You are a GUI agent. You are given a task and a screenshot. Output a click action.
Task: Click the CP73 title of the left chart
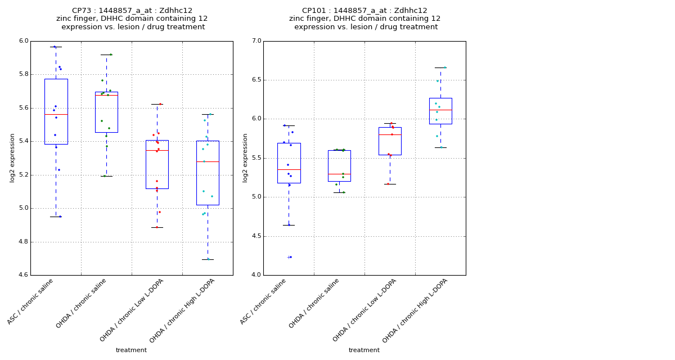pos(132,11)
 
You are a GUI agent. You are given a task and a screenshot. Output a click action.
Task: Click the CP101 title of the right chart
pos(364,11)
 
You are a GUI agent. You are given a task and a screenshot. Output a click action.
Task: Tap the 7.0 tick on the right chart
pos(256,41)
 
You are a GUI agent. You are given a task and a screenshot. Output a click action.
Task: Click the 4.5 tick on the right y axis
pos(256,236)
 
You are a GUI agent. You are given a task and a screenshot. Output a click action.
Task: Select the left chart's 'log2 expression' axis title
pos(12,157)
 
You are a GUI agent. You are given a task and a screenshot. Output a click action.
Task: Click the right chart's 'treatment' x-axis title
pos(364,350)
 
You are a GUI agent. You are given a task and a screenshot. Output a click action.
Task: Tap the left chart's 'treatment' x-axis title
pos(131,350)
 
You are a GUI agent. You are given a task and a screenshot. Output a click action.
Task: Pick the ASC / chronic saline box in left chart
pos(56,111)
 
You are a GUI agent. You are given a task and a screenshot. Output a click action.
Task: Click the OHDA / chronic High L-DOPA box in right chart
pos(440,111)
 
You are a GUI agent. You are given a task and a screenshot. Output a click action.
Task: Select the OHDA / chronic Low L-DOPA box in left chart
pos(157,164)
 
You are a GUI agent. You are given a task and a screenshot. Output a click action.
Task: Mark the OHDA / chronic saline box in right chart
pos(339,165)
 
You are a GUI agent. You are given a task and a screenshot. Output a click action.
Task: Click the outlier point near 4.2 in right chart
pos(290,257)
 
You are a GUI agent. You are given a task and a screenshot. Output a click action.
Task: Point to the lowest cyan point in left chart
pos(208,259)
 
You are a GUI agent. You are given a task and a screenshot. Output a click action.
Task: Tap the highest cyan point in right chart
pos(445,67)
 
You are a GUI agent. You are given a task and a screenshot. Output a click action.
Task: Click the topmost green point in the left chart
pos(111,55)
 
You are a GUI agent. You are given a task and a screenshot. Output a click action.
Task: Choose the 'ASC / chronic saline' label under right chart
pos(264,301)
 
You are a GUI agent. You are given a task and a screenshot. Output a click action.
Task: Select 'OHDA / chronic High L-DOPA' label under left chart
pos(183,310)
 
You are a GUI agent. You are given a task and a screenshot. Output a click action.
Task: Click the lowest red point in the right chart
pos(388,184)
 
